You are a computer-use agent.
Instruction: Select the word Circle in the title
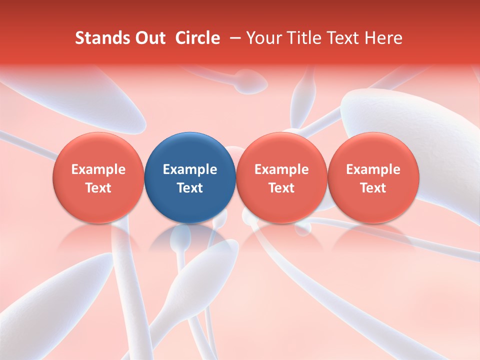197,38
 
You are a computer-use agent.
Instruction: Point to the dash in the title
232,38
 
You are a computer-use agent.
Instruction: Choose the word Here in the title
383,38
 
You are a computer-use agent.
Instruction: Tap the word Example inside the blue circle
189,169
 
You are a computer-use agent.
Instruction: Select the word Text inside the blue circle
189,188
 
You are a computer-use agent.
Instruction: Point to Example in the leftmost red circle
98,169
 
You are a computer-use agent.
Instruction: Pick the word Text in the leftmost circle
98,188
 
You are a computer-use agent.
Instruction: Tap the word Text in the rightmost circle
373,188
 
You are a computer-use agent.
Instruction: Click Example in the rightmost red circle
373,169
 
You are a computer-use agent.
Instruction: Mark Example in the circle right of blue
281,169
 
